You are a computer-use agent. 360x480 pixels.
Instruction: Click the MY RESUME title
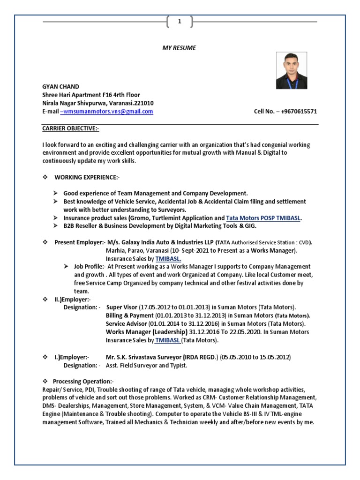[x=180, y=48]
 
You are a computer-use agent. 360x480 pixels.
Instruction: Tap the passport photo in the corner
[x=291, y=71]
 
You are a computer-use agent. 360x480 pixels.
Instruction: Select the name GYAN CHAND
[x=60, y=87]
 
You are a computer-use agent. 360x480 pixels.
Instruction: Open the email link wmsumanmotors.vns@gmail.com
[x=106, y=112]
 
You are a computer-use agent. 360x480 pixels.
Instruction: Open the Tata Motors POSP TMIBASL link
[x=263, y=218]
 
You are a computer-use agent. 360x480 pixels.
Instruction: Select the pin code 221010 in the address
[x=144, y=103]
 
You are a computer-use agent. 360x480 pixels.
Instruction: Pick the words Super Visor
[x=121, y=307]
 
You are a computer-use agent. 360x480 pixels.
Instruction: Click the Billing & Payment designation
[x=129, y=315]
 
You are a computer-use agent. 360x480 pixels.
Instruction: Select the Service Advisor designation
[x=126, y=324]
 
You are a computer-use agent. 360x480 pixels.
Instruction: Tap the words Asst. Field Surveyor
[x=133, y=366]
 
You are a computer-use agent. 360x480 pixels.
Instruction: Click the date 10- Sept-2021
[x=180, y=251]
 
